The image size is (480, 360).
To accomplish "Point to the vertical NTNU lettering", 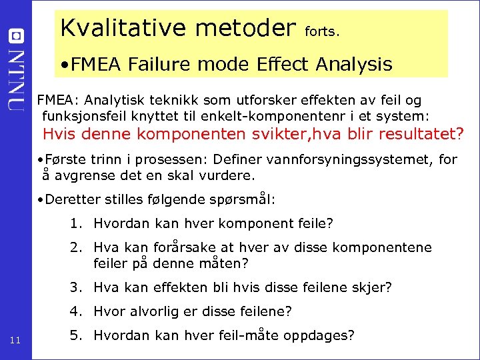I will click(17, 78).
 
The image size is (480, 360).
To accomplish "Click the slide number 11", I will click(17, 342).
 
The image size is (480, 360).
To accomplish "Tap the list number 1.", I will click(75, 223).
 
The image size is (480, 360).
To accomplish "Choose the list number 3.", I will click(75, 287).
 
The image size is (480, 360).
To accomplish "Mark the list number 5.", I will click(75, 335).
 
